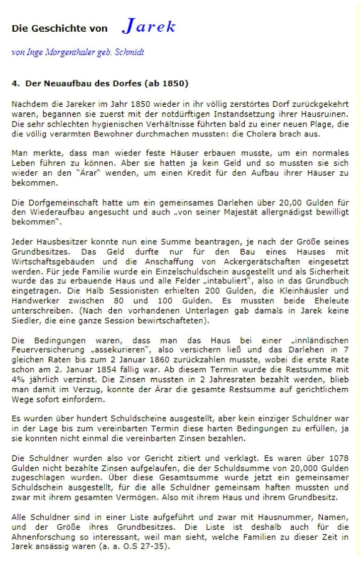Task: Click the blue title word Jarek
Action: point(148,27)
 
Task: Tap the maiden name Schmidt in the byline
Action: point(130,52)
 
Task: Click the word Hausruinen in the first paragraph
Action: point(325,114)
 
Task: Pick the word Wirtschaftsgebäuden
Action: point(50,260)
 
